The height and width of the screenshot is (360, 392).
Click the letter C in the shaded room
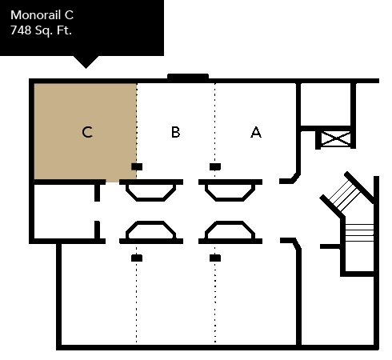click(87, 132)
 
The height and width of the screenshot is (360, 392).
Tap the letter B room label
click(176, 132)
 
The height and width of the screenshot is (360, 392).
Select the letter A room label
click(256, 132)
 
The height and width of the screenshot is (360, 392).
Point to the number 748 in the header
click(21, 30)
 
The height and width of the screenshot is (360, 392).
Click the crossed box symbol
click(336, 138)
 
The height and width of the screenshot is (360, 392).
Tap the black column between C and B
click(137, 166)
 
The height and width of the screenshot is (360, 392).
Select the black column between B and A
click(215, 166)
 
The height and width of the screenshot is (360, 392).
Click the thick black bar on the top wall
click(188, 77)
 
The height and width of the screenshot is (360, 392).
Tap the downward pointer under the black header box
click(86, 62)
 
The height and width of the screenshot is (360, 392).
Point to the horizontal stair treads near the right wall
click(359, 233)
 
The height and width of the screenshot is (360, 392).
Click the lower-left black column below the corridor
click(137, 258)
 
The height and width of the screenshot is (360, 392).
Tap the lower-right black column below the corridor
click(215, 258)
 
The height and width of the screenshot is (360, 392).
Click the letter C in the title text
click(69, 15)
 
